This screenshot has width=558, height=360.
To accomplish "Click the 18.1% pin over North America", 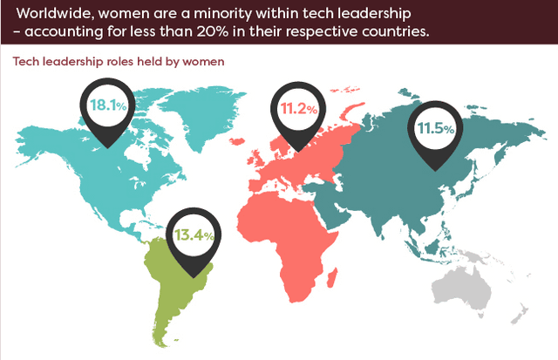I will pos(108,109).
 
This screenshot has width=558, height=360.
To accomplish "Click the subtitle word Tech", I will pos(22,63).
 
